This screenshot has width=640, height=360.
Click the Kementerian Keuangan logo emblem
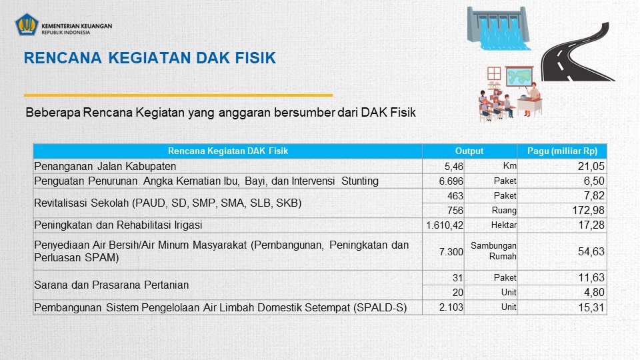pyautogui.click(x=27, y=25)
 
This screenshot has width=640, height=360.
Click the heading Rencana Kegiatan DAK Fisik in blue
pyautogui.click(x=150, y=58)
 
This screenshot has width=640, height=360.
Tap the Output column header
pyautogui.click(x=469, y=151)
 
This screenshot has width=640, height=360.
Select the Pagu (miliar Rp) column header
pyautogui.click(x=562, y=151)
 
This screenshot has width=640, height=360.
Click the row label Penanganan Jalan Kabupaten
pyautogui.click(x=105, y=166)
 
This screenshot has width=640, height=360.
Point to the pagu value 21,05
pyautogui.click(x=591, y=166)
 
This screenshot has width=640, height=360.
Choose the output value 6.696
pyautogui.click(x=451, y=181)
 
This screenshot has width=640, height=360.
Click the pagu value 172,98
pyautogui.click(x=588, y=210)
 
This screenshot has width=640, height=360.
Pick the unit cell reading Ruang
pyautogui.click(x=504, y=210)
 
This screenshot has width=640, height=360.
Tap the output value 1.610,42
pyautogui.click(x=445, y=225)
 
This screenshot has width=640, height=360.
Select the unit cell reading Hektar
pyautogui.click(x=504, y=225)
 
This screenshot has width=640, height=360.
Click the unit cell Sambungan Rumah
pyautogui.click(x=493, y=251)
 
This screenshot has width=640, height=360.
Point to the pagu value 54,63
pyautogui.click(x=591, y=251)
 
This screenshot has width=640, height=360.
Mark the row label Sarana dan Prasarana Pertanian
pyautogui.click(x=111, y=285)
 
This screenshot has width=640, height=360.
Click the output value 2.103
pyautogui.click(x=451, y=307)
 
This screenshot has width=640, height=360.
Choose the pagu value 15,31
pyautogui.click(x=591, y=307)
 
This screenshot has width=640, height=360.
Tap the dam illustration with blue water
pyautogui.click(x=499, y=29)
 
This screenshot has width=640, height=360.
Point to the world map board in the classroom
pyautogui.click(x=519, y=76)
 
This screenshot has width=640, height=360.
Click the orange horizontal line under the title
pyautogui.click(x=179, y=95)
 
